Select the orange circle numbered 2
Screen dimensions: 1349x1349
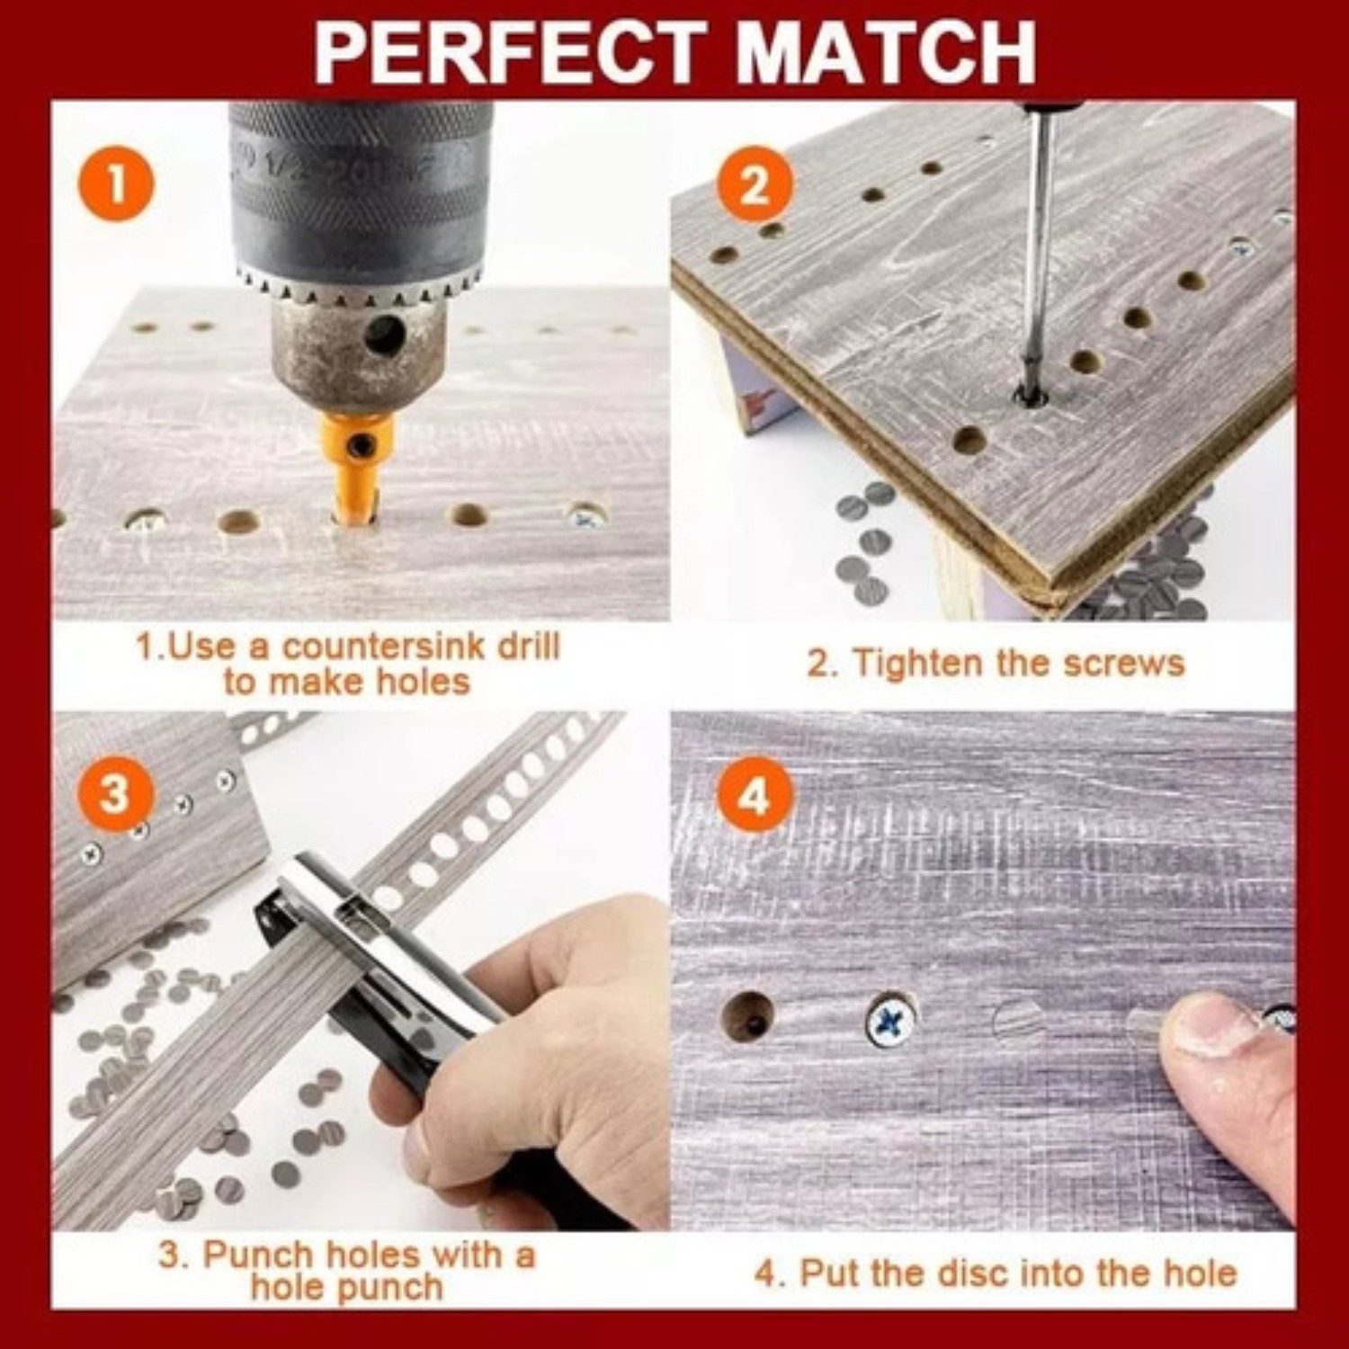(x=755, y=184)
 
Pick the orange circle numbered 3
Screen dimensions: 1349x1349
(x=114, y=794)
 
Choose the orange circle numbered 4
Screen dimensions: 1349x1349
(x=755, y=795)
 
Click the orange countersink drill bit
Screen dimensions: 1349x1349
(x=358, y=468)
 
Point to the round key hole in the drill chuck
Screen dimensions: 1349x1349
(x=384, y=335)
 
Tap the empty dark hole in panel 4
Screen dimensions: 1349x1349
(x=747, y=1017)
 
